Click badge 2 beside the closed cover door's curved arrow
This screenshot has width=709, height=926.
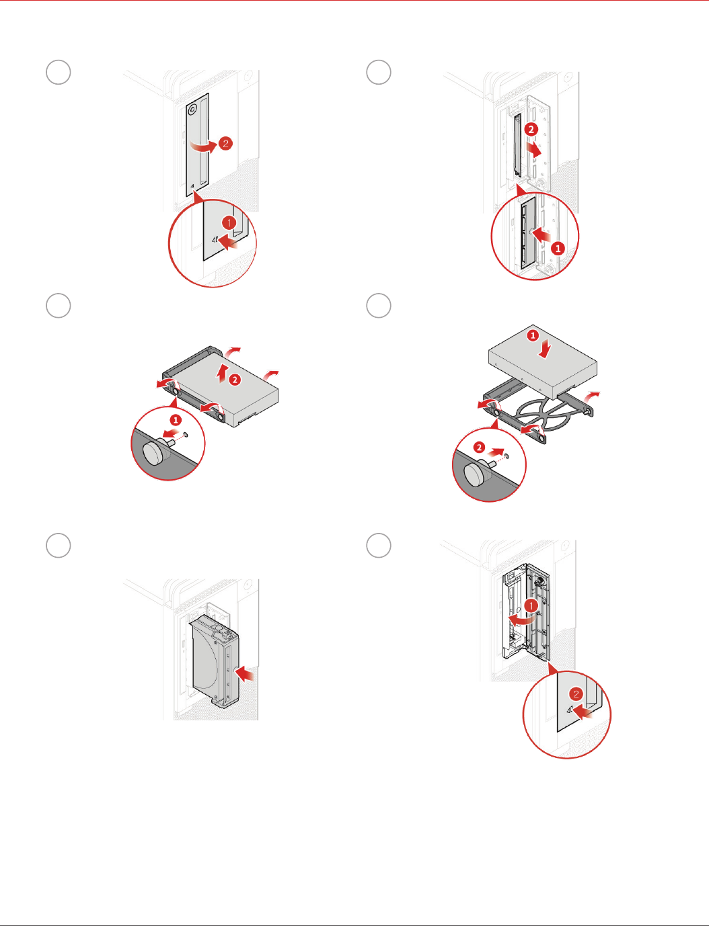click(x=225, y=143)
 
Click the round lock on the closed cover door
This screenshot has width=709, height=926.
click(x=193, y=108)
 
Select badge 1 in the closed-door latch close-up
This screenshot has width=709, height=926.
click(x=229, y=222)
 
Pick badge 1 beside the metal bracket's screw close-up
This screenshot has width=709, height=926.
click(x=558, y=248)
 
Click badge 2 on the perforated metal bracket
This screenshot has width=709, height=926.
click(x=531, y=129)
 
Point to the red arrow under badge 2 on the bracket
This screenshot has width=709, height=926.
click(x=535, y=151)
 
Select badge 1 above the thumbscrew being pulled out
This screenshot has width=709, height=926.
click(x=176, y=419)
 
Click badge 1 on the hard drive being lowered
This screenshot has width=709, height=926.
click(x=533, y=335)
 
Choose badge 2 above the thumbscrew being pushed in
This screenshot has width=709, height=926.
click(x=479, y=447)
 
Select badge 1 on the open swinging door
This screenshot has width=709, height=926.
click(x=531, y=606)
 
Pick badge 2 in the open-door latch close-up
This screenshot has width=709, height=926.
click(x=576, y=695)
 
